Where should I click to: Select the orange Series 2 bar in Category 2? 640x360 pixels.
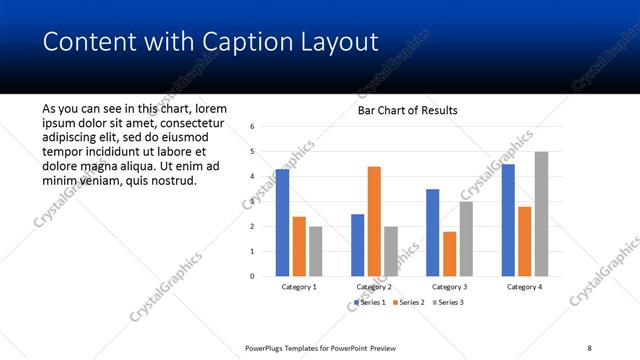(374, 221)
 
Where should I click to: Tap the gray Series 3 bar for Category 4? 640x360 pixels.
(541, 214)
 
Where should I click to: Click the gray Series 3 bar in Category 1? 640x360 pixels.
(316, 251)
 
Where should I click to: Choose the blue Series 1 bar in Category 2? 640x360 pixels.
(357, 245)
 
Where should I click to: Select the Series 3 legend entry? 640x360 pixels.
(446, 301)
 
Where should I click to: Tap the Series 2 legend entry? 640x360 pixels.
(410, 301)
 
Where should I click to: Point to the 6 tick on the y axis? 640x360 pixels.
(253, 127)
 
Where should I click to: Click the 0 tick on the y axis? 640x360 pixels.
(253, 276)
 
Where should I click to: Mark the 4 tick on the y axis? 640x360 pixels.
(253, 177)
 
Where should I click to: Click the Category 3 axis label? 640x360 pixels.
(449, 287)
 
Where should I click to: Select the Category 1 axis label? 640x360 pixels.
(299, 287)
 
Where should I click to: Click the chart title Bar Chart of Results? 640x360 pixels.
(407, 110)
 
